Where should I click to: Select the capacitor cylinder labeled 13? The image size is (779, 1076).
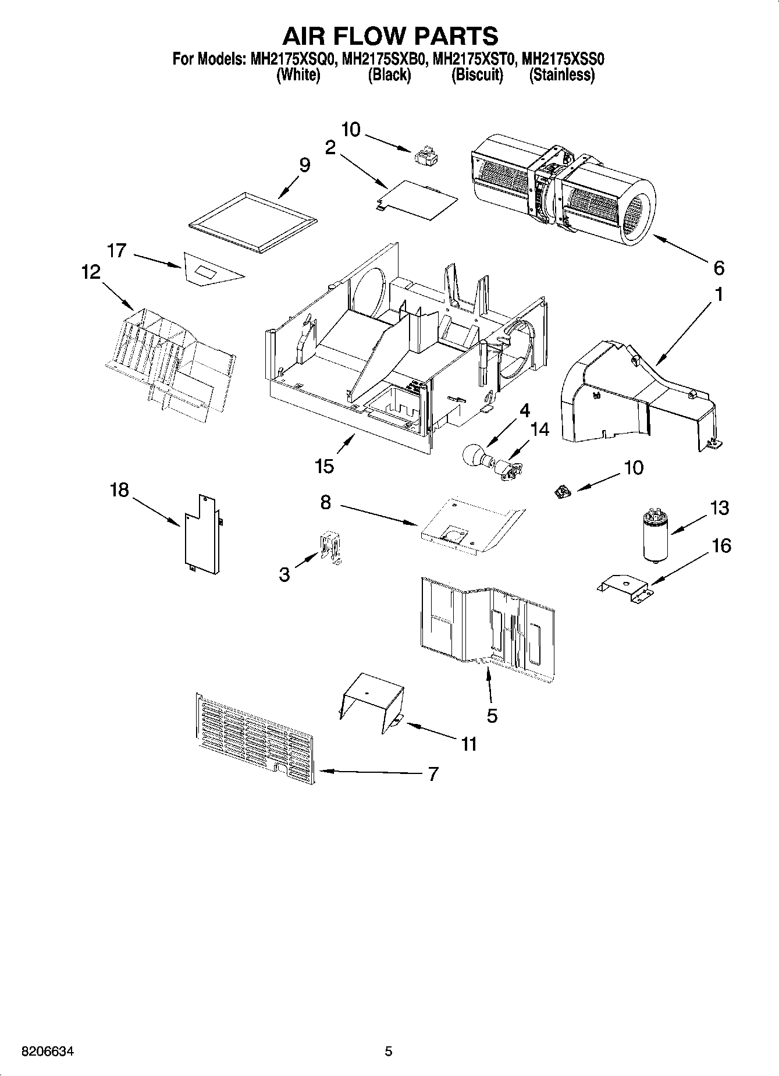[655, 536]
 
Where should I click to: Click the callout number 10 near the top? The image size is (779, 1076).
[351, 129]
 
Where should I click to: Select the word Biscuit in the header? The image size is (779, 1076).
[477, 75]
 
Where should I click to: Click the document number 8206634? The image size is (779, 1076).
[48, 1052]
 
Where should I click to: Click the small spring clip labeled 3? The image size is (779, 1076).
[330, 547]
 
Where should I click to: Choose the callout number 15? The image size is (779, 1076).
[324, 466]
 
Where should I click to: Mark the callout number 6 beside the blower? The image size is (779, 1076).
[718, 268]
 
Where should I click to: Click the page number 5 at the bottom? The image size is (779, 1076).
[389, 1051]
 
